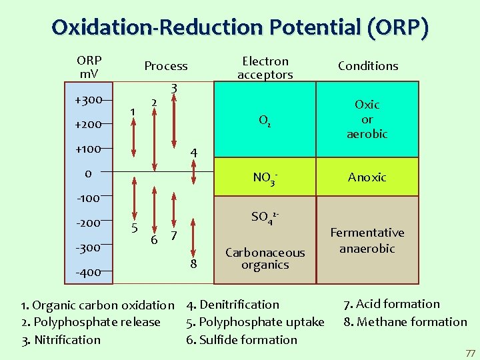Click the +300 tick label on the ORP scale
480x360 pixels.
(x=88, y=100)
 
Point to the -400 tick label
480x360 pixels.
(x=88, y=272)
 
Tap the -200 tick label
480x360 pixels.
(x=88, y=223)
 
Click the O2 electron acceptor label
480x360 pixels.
(x=265, y=121)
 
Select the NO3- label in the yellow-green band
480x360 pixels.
(x=265, y=178)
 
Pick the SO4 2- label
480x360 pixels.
(x=265, y=217)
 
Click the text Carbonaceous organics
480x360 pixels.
(x=265, y=259)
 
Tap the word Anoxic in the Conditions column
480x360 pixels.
(x=367, y=177)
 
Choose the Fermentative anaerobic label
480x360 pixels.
(x=367, y=240)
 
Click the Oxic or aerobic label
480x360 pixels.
(x=367, y=119)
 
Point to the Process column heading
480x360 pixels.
(x=166, y=65)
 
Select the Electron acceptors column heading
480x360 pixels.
(x=265, y=68)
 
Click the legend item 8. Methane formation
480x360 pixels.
(x=405, y=322)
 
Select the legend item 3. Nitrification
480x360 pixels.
(x=61, y=339)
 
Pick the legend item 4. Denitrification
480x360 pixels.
(x=233, y=305)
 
